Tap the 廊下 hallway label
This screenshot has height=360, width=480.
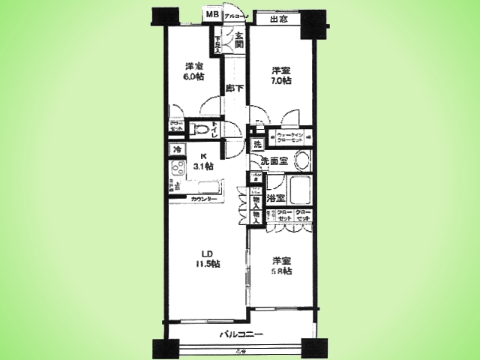(x=234, y=88)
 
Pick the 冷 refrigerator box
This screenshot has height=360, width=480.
(x=178, y=150)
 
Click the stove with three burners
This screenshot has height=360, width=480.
(x=177, y=185)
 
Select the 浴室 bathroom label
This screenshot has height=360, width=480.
(x=275, y=198)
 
